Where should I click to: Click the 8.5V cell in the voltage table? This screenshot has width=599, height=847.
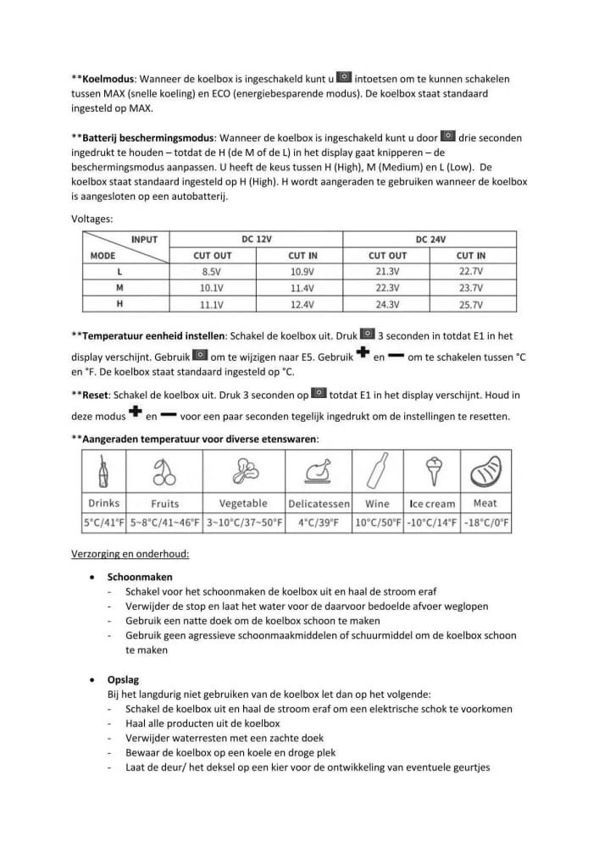(x=211, y=272)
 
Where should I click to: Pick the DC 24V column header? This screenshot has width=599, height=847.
(x=430, y=240)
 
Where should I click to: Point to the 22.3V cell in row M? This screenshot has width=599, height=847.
(x=387, y=288)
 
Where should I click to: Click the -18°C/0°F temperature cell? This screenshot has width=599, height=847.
(x=486, y=523)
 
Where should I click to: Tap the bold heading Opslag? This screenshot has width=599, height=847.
(x=123, y=679)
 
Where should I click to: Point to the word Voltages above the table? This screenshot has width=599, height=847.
(x=92, y=219)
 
